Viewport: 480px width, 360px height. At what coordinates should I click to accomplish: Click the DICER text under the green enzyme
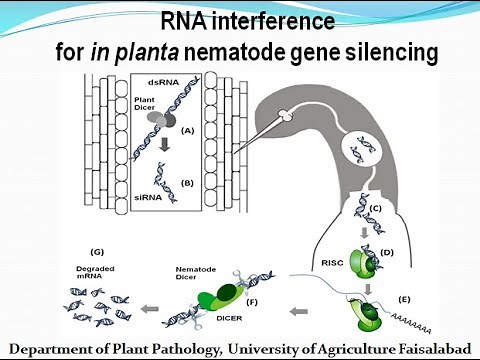(x=223, y=320)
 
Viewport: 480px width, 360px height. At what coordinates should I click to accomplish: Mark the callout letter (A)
(x=186, y=129)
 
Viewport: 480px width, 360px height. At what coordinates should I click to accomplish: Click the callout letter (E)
(x=404, y=298)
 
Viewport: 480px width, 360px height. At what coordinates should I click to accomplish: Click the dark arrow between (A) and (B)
(x=162, y=155)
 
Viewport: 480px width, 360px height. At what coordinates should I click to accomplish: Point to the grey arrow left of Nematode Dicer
(x=150, y=297)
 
